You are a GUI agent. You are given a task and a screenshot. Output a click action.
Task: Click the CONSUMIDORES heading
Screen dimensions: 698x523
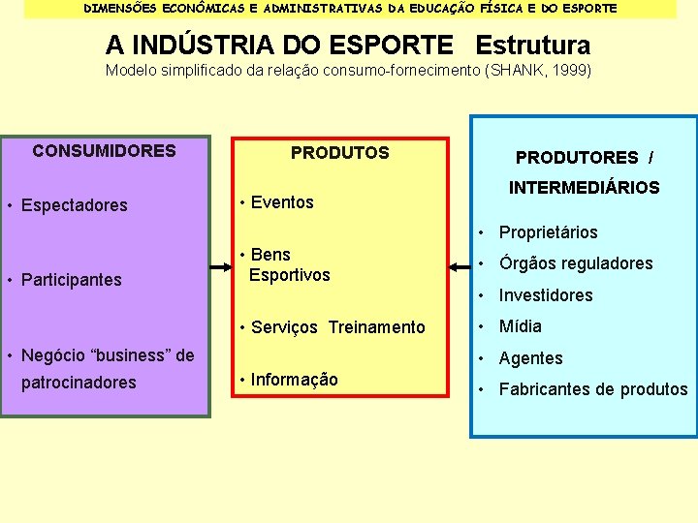104,151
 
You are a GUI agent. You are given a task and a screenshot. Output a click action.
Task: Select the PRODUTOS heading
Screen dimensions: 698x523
339,153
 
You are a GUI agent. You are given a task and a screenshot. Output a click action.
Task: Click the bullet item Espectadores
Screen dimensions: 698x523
75,205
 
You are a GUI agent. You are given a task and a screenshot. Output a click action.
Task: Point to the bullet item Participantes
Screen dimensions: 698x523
72,280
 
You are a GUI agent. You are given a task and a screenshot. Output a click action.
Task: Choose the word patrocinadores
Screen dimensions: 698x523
79,383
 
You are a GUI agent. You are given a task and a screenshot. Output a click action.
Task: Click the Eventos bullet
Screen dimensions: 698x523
282,202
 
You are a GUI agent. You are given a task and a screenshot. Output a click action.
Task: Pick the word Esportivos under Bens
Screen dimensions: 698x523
289,275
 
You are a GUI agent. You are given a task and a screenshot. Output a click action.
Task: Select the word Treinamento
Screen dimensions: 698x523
376,327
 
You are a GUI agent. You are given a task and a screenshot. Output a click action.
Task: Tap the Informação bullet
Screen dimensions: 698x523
294,380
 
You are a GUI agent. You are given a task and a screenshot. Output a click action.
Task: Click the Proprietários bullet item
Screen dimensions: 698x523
548,232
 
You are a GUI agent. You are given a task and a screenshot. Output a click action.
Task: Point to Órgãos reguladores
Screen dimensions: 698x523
575,263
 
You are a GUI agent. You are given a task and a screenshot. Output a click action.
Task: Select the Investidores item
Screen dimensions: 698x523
545,295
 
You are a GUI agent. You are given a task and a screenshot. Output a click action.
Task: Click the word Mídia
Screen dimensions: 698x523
521,326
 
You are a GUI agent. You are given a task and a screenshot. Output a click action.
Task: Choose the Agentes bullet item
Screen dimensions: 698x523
530,358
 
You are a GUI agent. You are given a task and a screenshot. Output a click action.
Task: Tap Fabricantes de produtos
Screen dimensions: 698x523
592,389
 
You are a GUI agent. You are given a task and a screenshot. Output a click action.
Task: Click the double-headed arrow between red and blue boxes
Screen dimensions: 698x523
460,266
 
